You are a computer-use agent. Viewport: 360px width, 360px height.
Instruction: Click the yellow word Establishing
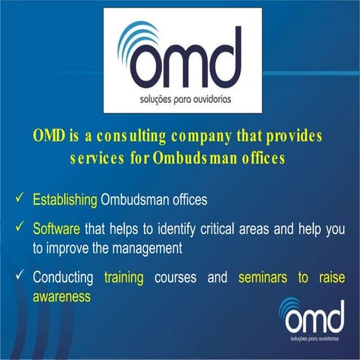point(65,200)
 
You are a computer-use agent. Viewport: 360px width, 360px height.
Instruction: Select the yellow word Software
point(57,227)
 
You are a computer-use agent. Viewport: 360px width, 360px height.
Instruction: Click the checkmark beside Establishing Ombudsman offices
point(19,200)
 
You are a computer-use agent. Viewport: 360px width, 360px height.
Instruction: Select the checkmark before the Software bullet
point(19,227)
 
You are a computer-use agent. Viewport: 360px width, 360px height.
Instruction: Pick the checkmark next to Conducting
point(19,277)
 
